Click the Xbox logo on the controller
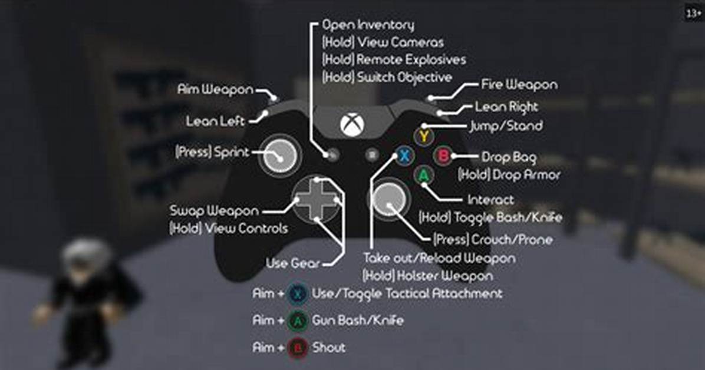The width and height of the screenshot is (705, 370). (x=352, y=124)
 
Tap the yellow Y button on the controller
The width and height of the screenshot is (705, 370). (x=424, y=136)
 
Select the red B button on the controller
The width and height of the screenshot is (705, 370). (x=443, y=156)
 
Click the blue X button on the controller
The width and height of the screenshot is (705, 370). (x=404, y=156)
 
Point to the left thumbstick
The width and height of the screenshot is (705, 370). (x=279, y=156)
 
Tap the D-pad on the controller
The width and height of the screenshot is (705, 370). (x=317, y=199)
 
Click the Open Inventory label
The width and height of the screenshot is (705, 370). (x=368, y=25)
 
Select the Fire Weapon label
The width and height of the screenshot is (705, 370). (x=519, y=84)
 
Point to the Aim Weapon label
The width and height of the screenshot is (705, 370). (x=215, y=89)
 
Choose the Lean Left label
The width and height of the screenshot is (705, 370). (x=215, y=121)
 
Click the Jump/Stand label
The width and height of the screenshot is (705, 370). (x=506, y=126)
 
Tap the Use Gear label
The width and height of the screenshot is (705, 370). (x=293, y=263)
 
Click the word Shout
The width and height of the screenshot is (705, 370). (x=329, y=348)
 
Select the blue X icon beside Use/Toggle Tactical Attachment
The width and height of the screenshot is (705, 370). (x=297, y=293)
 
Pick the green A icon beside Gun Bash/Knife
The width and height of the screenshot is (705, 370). (x=297, y=321)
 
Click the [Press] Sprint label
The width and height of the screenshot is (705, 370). (x=212, y=152)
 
